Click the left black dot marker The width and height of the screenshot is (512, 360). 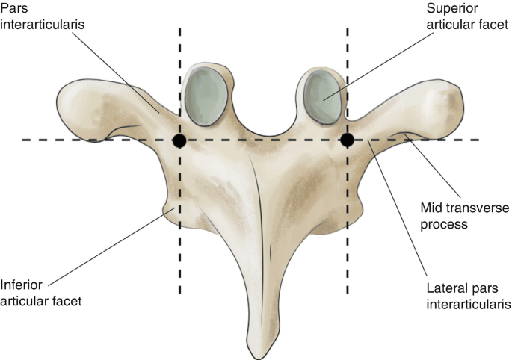[x=179, y=140]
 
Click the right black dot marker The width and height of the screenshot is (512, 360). [x=348, y=140]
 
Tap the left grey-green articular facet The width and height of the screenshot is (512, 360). [x=206, y=96]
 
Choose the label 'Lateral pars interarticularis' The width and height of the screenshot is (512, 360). [x=468, y=297]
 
